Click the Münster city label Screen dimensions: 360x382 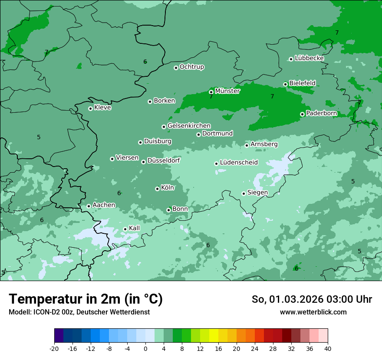[x=227, y=91]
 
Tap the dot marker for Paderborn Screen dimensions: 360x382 [x=302, y=114]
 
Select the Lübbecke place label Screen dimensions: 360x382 [x=309, y=58]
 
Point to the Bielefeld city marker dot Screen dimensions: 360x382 [x=285, y=84]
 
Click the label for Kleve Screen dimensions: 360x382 [x=102, y=108]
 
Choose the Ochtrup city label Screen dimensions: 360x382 [x=191, y=67]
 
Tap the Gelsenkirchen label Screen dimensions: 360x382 [x=189, y=126]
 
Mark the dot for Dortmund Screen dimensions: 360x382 [x=198, y=134]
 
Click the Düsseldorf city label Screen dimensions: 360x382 [x=163, y=160]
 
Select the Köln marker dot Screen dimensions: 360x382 [x=157, y=189]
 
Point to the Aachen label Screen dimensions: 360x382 [x=104, y=205]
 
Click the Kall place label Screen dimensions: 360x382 [x=134, y=228]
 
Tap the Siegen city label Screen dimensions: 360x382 [x=257, y=193]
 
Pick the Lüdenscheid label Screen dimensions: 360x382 [x=239, y=163]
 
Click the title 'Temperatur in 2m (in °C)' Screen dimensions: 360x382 [x=86, y=299]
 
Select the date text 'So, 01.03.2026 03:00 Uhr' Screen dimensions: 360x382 [x=312, y=299]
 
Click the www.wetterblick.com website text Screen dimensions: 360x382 [x=313, y=312]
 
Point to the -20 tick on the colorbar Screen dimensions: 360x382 [x=54, y=349]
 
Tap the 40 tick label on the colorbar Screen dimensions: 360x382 [x=327, y=349]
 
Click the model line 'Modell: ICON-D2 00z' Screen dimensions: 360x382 [x=79, y=312]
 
